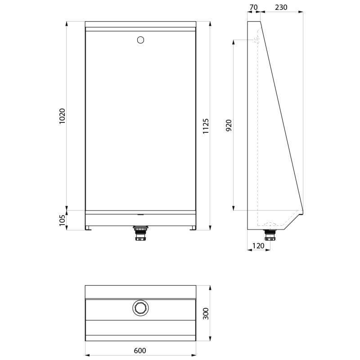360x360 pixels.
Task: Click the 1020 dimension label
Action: [x=63, y=116]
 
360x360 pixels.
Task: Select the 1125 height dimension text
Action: [x=206, y=126]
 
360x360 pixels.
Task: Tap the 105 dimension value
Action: [x=63, y=220]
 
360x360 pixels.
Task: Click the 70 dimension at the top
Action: [x=253, y=7]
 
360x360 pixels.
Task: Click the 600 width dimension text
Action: [x=140, y=351]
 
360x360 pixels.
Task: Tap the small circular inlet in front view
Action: [x=140, y=40]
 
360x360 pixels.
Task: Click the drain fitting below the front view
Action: [x=140, y=234]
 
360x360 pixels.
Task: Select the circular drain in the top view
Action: [x=140, y=308]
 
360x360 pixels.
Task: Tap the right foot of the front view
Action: [x=192, y=229]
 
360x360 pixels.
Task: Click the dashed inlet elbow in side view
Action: [x=257, y=40]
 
